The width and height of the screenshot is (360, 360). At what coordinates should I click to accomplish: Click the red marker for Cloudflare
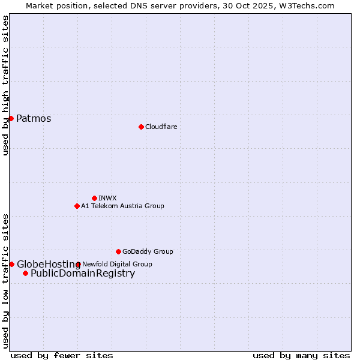tap(141, 127)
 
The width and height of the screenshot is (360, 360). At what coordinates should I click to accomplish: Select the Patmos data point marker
tap(11, 118)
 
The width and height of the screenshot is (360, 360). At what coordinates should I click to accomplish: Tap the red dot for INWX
tap(94, 198)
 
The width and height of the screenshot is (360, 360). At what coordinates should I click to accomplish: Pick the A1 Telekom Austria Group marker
tap(77, 206)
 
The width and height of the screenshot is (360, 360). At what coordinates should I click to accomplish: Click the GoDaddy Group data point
tap(118, 251)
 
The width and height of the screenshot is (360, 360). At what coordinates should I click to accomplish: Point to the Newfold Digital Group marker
tap(78, 264)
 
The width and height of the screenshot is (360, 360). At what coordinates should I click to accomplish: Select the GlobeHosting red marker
tap(11, 264)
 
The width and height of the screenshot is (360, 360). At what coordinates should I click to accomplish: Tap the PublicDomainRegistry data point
tap(25, 274)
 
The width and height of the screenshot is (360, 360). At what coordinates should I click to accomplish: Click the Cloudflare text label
tap(161, 127)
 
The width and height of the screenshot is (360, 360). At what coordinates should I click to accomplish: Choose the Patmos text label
tap(34, 118)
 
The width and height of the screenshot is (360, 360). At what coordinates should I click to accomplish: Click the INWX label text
tap(107, 198)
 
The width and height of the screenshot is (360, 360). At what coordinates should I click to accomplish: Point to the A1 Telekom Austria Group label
tap(122, 206)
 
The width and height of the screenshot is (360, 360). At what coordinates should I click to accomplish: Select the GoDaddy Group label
tap(148, 251)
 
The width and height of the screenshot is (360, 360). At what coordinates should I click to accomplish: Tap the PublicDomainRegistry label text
tap(83, 274)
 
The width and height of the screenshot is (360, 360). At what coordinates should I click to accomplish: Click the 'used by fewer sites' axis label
tap(62, 355)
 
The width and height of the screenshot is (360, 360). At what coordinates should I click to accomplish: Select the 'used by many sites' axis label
tap(301, 355)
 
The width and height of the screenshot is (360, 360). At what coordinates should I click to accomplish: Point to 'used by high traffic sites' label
tap(5, 85)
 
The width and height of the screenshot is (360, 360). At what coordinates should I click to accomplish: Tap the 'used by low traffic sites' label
tap(5, 281)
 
